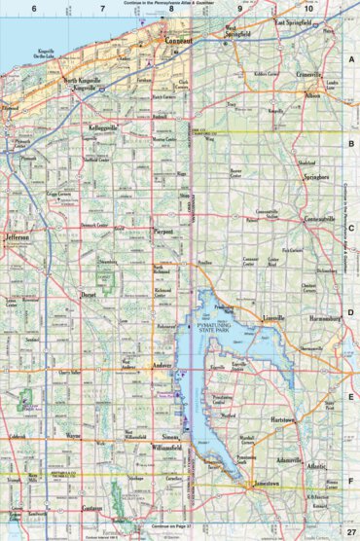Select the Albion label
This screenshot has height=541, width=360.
coord(312,96)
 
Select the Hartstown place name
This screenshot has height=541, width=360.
coord(283,418)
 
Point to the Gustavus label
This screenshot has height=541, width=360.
coord(92,509)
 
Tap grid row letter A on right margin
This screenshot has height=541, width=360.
coord(351,58)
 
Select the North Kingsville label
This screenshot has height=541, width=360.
coord(83,80)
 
